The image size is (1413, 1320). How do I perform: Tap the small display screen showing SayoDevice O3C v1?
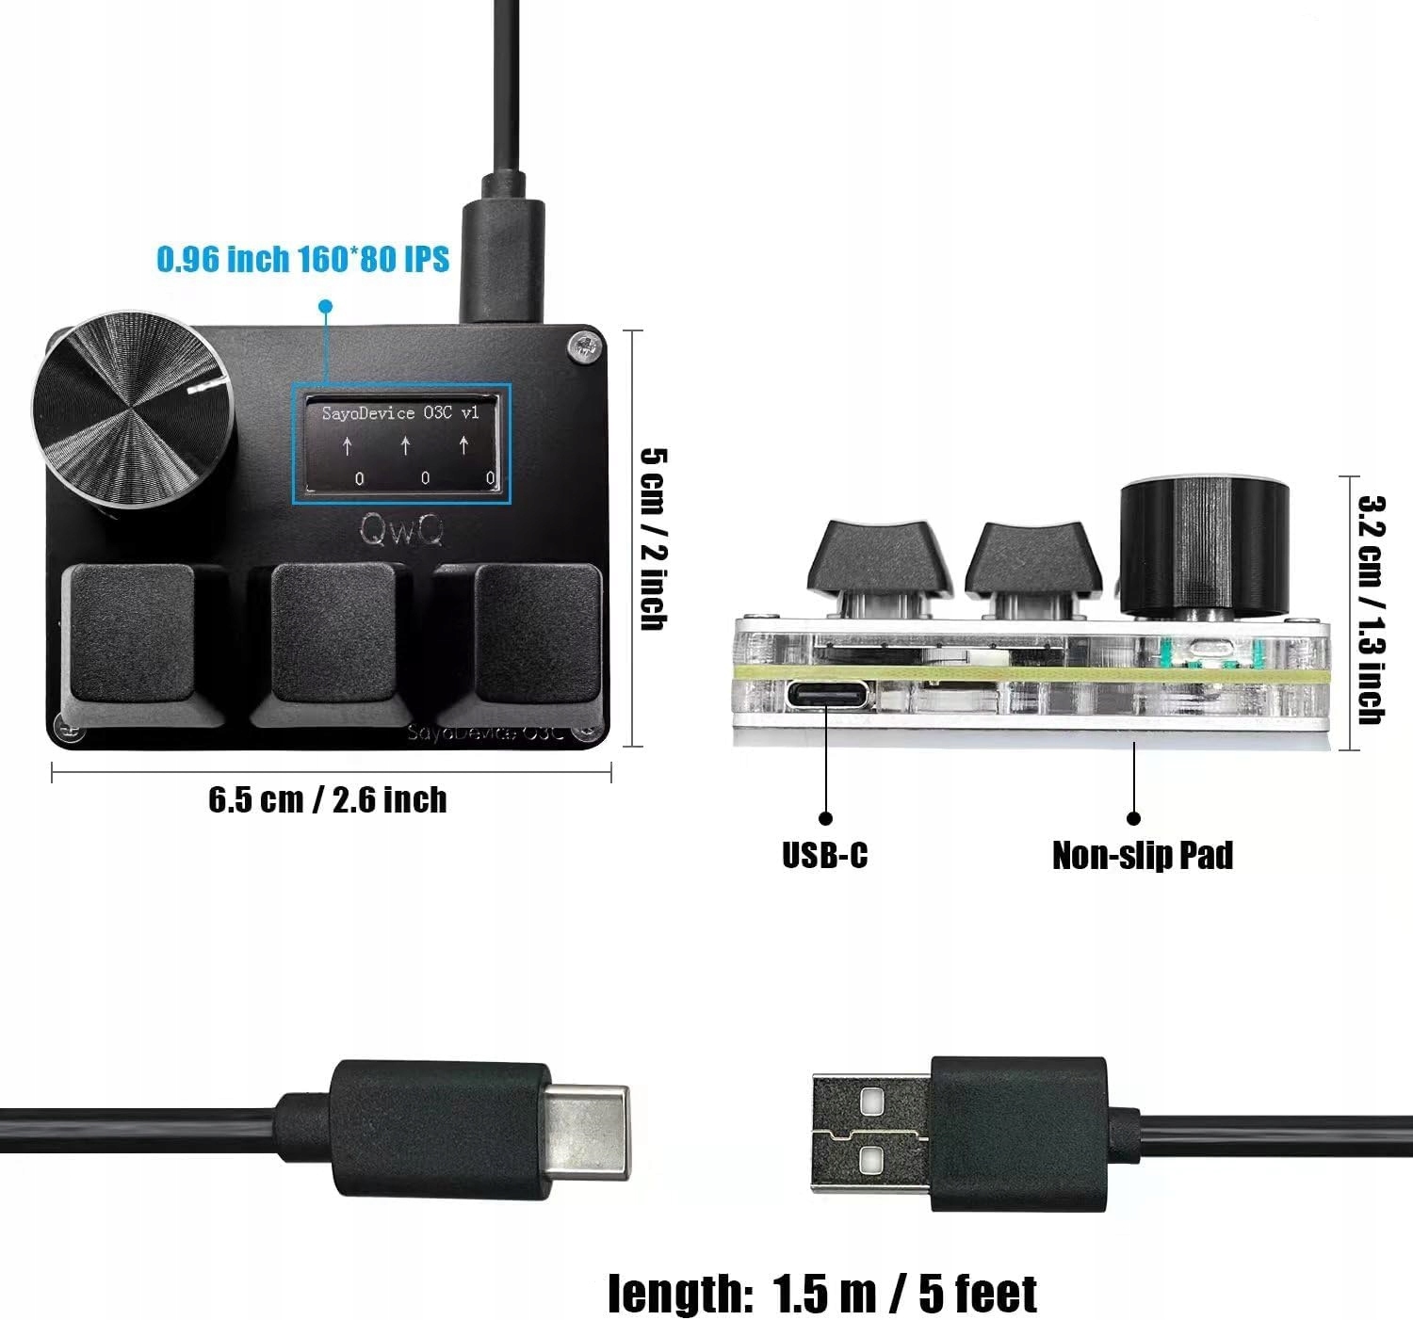click(x=401, y=444)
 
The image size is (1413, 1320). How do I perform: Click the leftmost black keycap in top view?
click(x=132, y=636)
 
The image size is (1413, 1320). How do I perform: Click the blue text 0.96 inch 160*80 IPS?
click(x=302, y=259)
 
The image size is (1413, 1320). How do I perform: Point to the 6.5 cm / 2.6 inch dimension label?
click(x=327, y=800)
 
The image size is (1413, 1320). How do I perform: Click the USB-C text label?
click(x=824, y=855)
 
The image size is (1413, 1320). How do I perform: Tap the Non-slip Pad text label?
click(x=1142, y=855)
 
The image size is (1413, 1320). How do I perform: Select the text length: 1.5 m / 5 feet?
click(x=821, y=1294)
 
